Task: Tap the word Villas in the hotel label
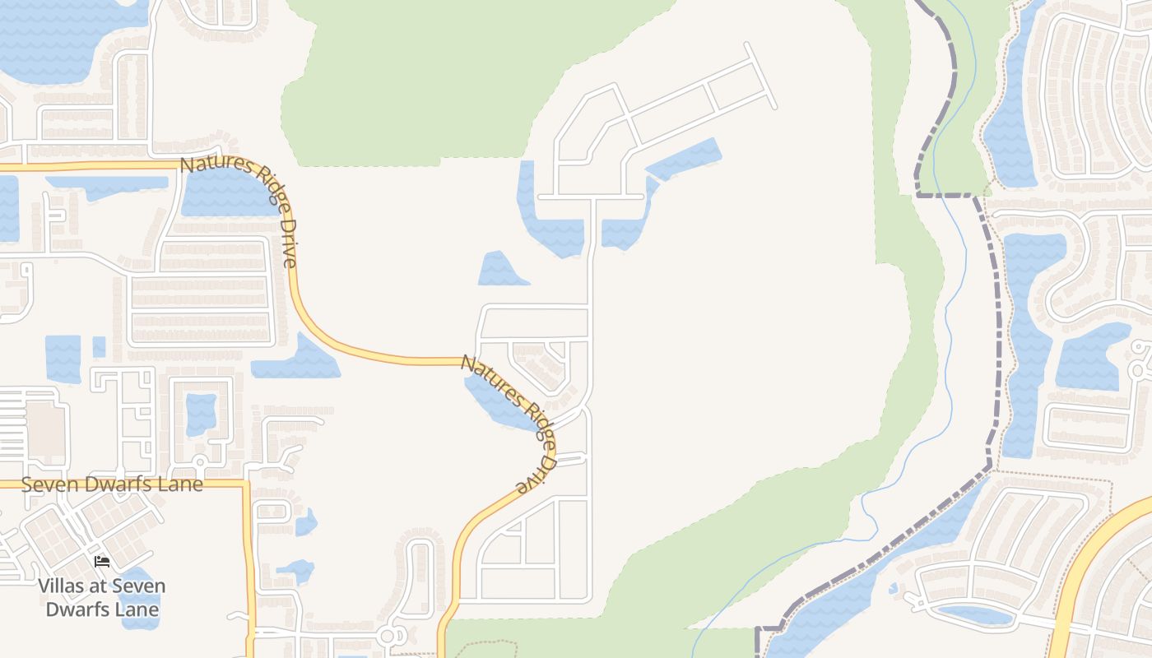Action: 64,586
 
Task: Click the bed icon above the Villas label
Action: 102,561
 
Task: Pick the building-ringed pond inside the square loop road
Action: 201,415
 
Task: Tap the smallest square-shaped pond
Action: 99,347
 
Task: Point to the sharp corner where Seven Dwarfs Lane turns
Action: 246,485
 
